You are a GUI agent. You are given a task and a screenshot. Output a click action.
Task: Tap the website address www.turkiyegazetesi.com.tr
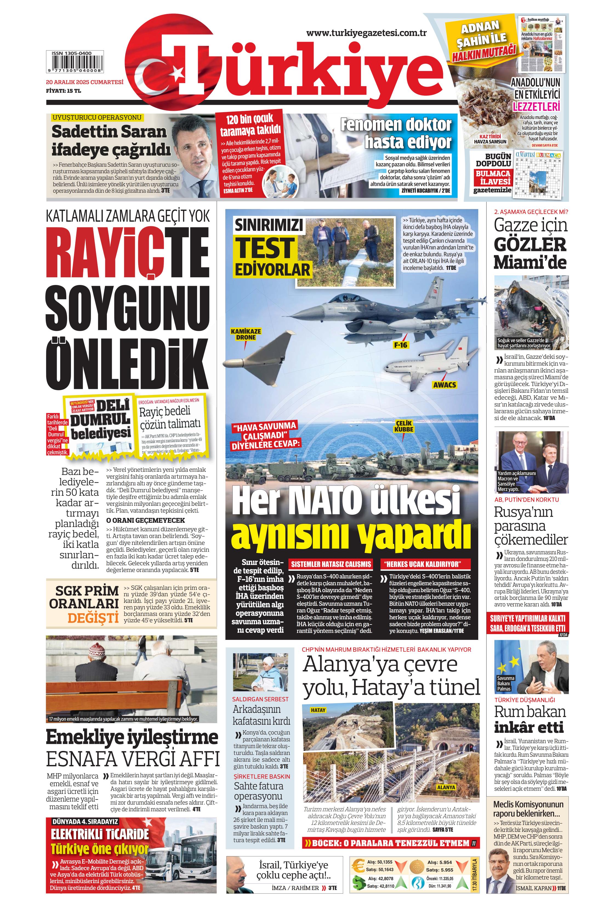tap(367, 33)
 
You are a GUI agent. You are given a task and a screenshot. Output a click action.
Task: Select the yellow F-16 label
tap(400, 345)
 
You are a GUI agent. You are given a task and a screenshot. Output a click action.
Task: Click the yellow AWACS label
tap(445, 385)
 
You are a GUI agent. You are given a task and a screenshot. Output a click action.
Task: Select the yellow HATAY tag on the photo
tap(318, 710)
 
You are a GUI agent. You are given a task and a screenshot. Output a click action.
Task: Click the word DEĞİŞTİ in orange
tap(93, 618)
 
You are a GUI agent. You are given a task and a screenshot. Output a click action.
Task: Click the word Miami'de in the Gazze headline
tap(530, 263)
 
